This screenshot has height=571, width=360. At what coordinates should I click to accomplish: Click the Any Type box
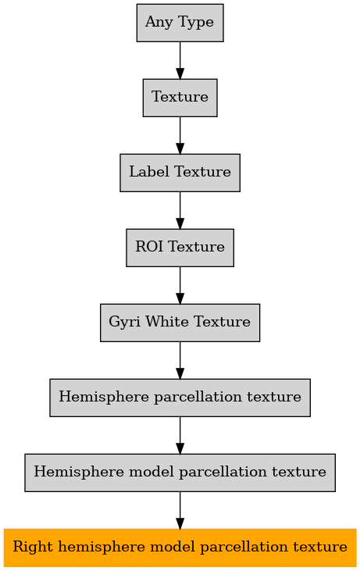tap(180, 23)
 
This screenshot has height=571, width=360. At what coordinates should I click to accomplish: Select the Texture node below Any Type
tap(180, 98)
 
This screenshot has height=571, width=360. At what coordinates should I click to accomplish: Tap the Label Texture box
tap(180, 173)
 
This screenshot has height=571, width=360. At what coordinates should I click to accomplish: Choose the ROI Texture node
tap(180, 248)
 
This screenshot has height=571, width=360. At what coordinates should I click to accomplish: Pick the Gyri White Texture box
tap(180, 323)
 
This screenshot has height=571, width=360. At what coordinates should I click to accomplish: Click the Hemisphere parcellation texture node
tap(180, 398)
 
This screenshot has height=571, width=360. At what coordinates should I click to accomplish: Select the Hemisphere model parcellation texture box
tap(180, 473)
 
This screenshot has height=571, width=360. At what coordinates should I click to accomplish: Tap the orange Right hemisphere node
tap(180, 548)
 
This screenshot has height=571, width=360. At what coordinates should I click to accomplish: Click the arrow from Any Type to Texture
tap(180, 60)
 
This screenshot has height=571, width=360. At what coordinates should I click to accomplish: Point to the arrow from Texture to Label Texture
tap(180, 135)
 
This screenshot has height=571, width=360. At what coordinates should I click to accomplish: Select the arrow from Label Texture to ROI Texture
tap(180, 210)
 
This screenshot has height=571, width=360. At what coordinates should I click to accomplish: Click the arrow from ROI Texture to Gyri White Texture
tap(180, 286)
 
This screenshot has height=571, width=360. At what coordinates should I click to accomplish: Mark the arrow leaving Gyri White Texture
tap(180, 361)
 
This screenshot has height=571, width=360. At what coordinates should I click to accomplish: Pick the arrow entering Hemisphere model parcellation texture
tap(180, 436)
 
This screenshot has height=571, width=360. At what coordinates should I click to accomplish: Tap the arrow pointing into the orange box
tap(180, 510)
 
